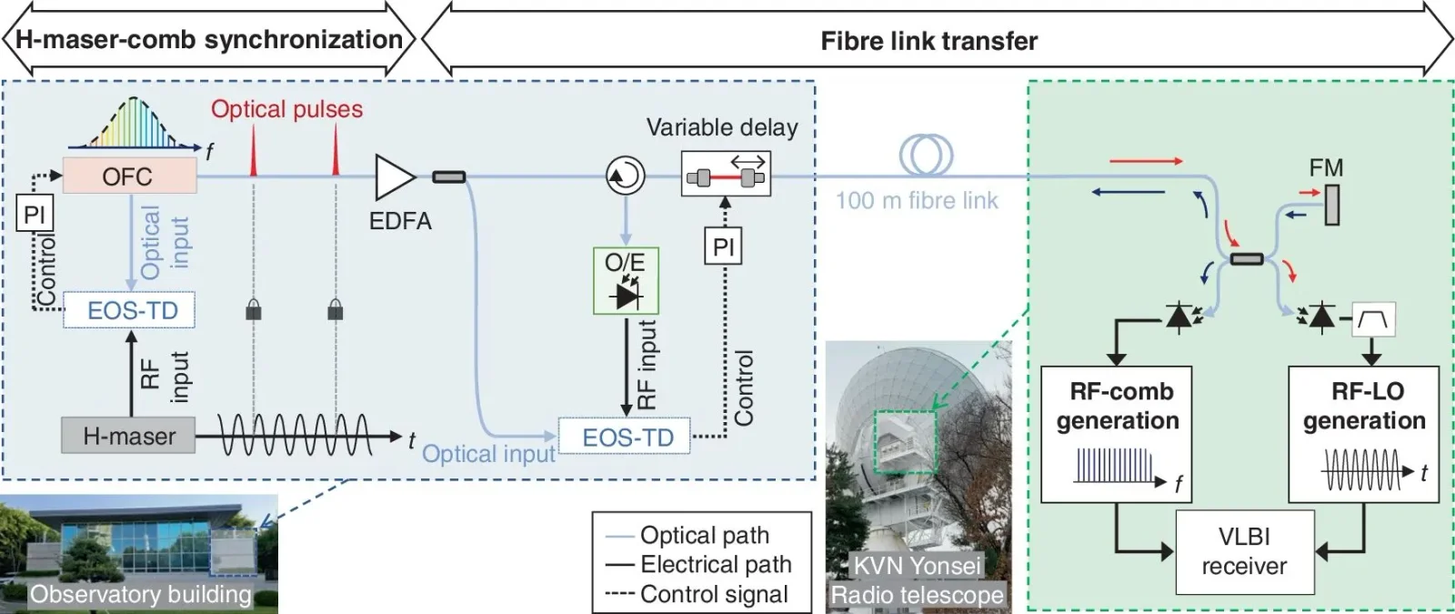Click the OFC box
pos(129,176)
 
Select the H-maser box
pos(128,436)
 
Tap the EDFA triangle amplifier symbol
pos(394,176)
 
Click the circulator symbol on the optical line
pos(625,176)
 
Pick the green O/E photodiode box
pos(626,281)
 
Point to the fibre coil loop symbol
pos(926,155)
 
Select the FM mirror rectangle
pos(1331,205)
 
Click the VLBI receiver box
pos(1244,551)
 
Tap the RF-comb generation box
pos(1116,434)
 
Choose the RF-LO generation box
pos(1363,434)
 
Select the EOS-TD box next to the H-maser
pos(129,310)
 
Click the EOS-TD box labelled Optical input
pos(625,437)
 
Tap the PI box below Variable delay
pos(724,247)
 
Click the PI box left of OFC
pos(35,215)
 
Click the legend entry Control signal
pos(714,594)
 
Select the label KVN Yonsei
pos(917,566)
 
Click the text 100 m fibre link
pos(917,200)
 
